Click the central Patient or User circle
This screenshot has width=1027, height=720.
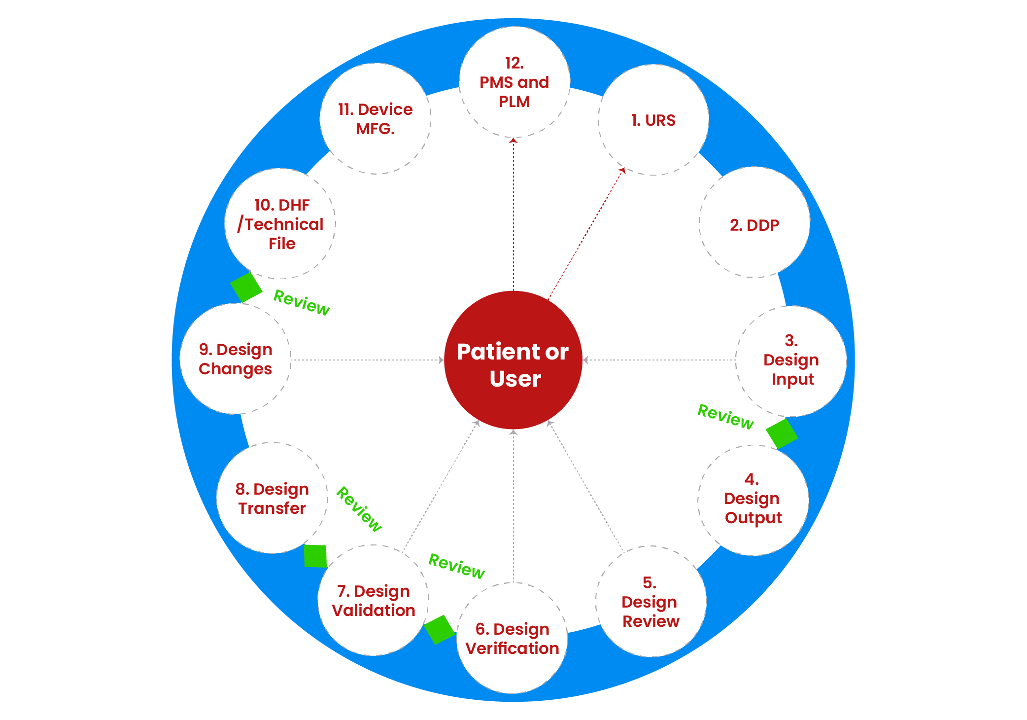click(513, 360)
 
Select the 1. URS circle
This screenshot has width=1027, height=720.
click(653, 120)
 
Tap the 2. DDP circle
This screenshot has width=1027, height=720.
click(754, 222)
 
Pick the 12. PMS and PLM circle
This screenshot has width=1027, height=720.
click(514, 82)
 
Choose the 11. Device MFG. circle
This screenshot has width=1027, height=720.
click(375, 118)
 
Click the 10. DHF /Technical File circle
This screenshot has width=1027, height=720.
click(280, 223)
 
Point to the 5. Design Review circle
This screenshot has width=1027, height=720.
click(650, 601)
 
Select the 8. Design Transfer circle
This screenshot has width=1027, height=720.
click(272, 498)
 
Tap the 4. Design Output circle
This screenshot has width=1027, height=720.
click(753, 500)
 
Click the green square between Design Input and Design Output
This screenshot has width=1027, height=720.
click(782, 434)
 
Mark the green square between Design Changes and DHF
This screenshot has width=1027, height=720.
click(246, 287)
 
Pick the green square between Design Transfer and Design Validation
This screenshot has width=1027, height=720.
click(315, 556)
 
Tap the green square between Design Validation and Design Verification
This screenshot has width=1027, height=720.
click(440, 629)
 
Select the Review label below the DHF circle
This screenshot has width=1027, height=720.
click(302, 302)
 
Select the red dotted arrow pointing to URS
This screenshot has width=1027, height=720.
click(586, 234)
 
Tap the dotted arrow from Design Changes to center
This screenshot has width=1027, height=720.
click(367, 360)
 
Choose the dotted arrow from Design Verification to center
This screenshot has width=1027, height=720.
click(513, 505)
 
